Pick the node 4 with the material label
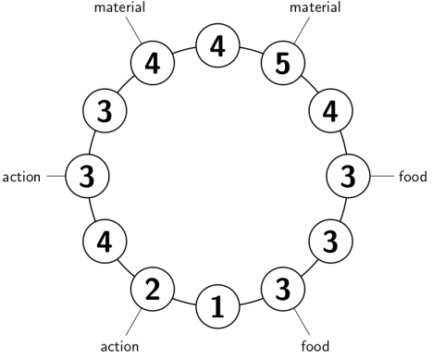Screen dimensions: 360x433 pyautogui.click(x=152, y=66)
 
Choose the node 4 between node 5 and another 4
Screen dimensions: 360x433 pyautogui.click(x=217, y=44)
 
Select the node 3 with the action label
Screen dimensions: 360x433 pyautogui.click(x=86, y=174)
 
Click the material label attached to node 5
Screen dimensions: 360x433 pyautogui.click(x=315, y=8)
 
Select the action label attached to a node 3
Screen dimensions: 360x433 pyautogui.click(x=22, y=175)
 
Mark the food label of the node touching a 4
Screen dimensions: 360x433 pyautogui.click(x=412, y=175)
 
